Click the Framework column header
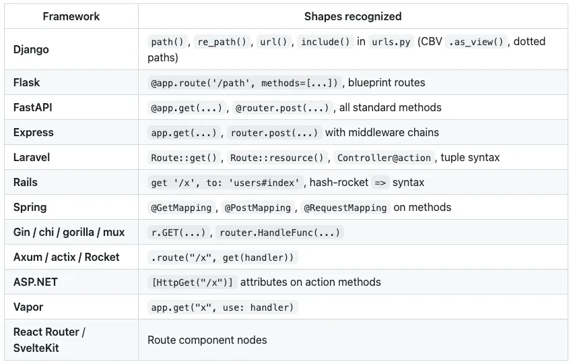71,16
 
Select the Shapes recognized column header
353,16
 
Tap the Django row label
31,49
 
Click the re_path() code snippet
222,42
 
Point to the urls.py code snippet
391,42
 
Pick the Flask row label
26,82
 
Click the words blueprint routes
387,82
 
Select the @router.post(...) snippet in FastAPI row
282,108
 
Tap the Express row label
34,132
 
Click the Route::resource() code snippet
277,158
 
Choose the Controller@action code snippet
384,158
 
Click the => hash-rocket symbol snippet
380,183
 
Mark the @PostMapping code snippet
257,208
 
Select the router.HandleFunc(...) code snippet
279,233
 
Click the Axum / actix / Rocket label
66,257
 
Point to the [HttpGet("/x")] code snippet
193,282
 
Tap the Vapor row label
28,307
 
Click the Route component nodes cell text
207,340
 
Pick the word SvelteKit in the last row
36,348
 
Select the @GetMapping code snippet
181,208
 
